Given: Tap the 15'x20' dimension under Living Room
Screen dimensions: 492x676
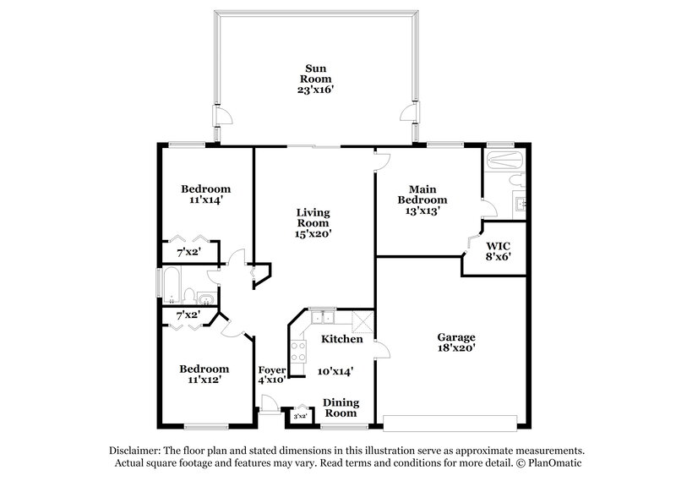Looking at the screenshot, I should pos(313,234).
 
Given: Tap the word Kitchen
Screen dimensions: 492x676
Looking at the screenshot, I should pos(342,339).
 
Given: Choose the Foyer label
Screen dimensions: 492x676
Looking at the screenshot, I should pos(271,369).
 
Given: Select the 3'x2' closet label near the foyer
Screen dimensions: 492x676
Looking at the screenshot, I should pos(299,416).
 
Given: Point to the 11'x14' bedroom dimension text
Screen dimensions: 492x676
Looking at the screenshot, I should pos(206,200).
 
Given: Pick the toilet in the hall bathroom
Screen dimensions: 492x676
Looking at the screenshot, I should pos(191,297).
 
